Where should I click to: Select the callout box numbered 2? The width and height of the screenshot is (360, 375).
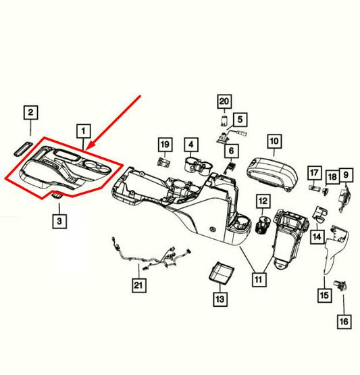32,113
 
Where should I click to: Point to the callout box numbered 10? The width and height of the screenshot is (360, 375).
274,141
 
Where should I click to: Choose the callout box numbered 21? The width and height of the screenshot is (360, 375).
138,286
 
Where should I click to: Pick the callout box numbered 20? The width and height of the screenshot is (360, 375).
224,102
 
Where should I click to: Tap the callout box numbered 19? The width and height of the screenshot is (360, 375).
164,144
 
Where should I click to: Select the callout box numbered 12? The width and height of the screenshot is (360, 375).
262,201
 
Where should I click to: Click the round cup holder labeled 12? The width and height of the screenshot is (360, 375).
262,226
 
